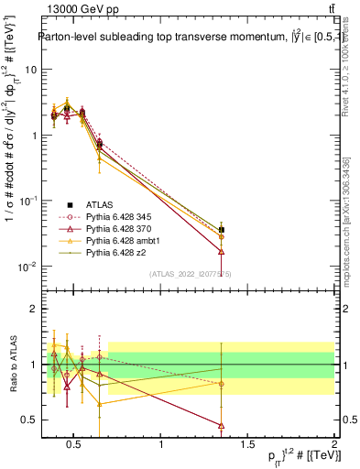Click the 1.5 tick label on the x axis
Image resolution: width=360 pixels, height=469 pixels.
point(247,444)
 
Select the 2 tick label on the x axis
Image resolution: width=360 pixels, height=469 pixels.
point(333,444)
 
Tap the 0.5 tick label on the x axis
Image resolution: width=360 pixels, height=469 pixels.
point(75,444)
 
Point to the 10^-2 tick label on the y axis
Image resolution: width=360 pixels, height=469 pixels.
point(27,267)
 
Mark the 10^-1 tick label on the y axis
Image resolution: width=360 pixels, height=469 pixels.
point(27,201)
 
